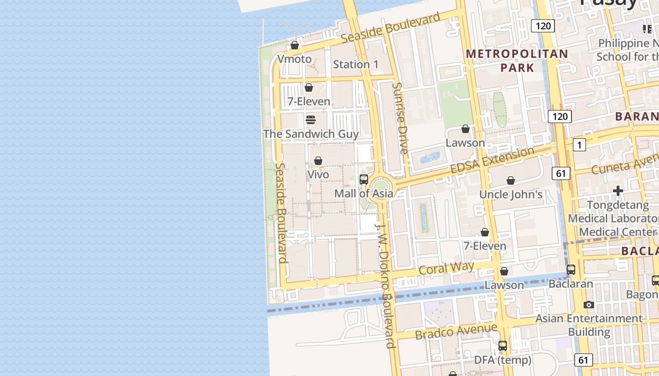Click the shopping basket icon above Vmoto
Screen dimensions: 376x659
point(295,45)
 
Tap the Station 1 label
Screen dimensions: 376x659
point(355,64)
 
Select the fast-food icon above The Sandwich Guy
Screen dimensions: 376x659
point(310,120)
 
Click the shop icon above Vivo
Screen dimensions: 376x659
point(318,161)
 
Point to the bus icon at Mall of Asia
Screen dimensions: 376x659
point(363,179)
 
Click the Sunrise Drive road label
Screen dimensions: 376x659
point(400,118)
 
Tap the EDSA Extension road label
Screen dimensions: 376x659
point(492,160)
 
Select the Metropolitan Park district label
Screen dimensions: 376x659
point(517,61)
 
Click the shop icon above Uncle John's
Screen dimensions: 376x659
point(511,180)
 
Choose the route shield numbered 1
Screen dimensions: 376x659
point(579,145)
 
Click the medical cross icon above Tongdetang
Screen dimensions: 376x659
point(618,191)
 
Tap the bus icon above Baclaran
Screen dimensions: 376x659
point(571,270)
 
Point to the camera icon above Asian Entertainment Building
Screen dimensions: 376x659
point(588,305)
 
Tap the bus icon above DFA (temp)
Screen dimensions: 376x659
point(503,346)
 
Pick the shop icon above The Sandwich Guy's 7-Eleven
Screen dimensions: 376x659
point(309,87)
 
